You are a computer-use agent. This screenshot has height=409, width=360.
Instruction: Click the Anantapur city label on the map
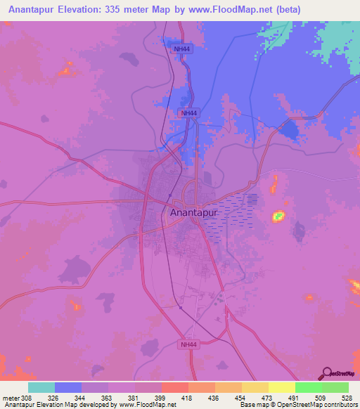coord(194,212)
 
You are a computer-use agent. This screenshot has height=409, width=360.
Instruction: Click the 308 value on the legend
coord(25,398)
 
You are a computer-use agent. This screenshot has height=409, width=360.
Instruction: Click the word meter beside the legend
coord(10,398)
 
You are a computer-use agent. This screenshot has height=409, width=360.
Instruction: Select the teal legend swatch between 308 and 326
coord(41,387)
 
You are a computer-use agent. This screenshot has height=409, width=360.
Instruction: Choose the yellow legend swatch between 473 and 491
coord(281,387)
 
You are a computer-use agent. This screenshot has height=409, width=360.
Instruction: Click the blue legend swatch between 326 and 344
coord(68,387)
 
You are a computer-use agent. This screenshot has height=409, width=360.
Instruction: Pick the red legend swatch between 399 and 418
coord(174,387)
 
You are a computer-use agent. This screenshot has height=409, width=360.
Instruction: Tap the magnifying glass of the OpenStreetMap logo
coord(326,372)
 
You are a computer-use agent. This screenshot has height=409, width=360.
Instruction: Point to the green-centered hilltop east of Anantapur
coord(279,215)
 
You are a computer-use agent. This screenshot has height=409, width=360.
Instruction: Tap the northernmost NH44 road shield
coord(182,48)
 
